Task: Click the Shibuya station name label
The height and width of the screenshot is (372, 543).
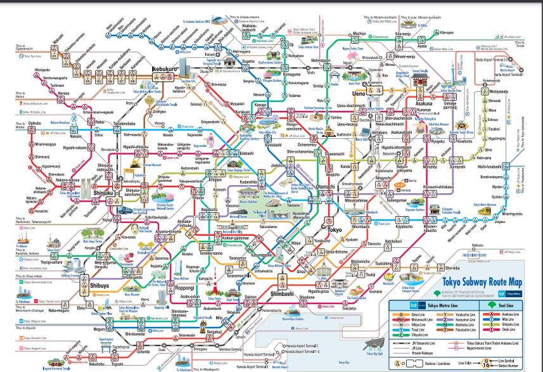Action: [x=99, y=286]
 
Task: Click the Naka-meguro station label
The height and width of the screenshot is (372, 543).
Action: [x=58, y=311]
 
